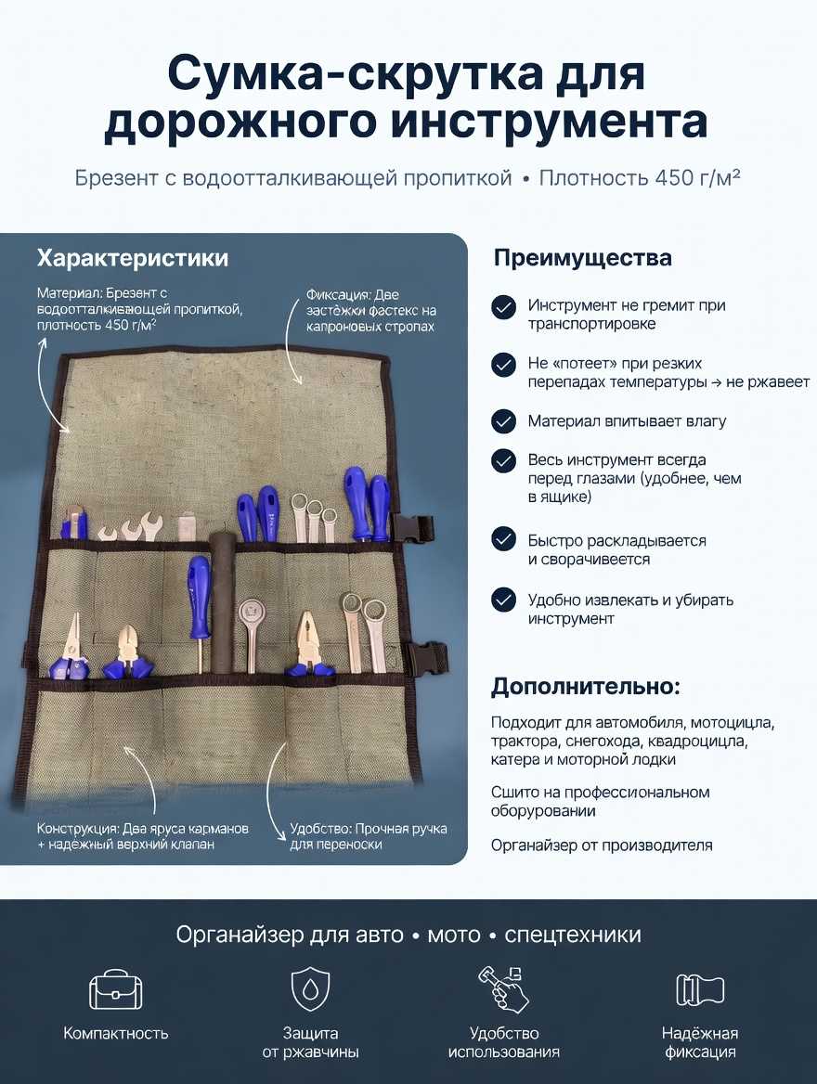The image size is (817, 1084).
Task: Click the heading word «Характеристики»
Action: point(132,258)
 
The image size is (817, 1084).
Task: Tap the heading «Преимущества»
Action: point(582,259)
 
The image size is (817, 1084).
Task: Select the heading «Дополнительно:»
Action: point(585,687)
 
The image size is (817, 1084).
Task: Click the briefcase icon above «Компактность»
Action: point(115,989)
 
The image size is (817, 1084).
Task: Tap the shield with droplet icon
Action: point(310,989)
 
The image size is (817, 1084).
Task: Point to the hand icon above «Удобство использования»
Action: point(503,989)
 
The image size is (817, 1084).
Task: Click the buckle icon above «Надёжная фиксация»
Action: point(699,990)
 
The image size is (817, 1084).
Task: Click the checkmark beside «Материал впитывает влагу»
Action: point(503,421)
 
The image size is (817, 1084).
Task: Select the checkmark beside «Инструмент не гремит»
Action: point(503,307)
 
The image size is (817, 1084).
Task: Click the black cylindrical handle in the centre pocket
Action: point(222,600)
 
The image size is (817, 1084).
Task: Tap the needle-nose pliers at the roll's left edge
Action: point(70,645)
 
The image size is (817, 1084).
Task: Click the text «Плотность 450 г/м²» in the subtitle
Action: point(640,178)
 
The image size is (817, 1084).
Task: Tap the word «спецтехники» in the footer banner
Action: point(573,935)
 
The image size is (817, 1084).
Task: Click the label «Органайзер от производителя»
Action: point(602,845)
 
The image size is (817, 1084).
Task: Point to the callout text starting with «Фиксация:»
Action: point(370,311)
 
